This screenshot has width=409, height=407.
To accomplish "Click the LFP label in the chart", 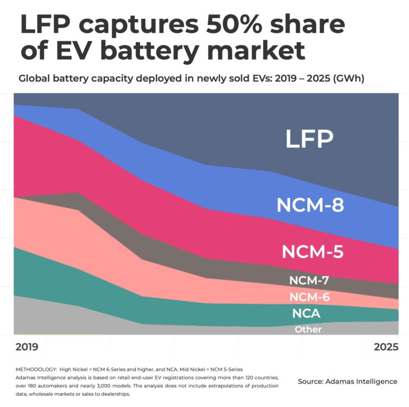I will coord(309,139).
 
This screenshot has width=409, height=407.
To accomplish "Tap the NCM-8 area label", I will coord(310,205).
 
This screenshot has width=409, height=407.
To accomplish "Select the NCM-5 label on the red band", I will coord(312,251).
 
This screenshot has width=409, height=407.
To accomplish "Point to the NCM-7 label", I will coord(309,280).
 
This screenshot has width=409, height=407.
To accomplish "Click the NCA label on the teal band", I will coord(306,314).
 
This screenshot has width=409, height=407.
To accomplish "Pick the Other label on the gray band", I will coord(308,330).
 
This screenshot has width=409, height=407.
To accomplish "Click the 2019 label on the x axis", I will coord(27,347).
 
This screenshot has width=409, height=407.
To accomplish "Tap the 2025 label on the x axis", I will coord(386,347).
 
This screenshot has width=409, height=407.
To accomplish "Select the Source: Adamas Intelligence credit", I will coord(347,381).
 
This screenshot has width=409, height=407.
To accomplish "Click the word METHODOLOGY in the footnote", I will coord(35,369).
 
